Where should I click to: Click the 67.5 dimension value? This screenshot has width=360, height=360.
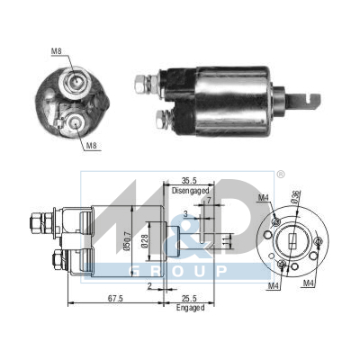tap(115, 299)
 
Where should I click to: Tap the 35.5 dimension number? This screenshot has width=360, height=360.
tap(189, 181)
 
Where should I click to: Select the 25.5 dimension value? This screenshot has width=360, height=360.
tap(189, 299)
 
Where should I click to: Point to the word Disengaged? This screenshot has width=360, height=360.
tap(190, 191)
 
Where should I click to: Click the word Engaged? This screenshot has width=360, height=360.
tap(191, 308)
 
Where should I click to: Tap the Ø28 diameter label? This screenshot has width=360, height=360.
tap(145, 240)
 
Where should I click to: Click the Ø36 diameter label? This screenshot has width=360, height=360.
tap(295, 197)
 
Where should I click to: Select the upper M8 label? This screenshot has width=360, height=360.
tap(57, 51)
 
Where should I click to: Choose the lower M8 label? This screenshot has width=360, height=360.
tap(92, 146)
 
